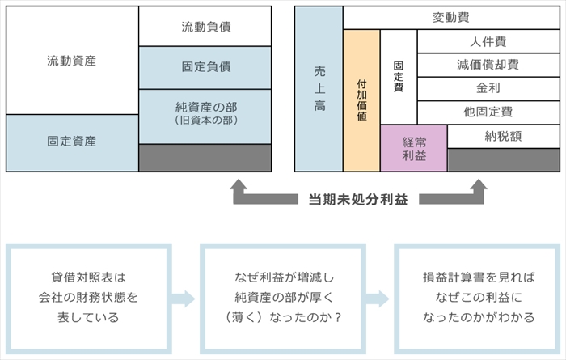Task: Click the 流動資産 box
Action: pyautogui.click(x=72, y=61)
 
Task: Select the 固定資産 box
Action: pyautogui.click(x=72, y=142)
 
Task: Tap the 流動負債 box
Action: pyautogui.click(x=205, y=27)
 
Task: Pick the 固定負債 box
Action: pyautogui.click(x=205, y=67)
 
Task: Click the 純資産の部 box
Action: pyautogui.click(x=205, y=112)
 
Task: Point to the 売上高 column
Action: pyautogui.click(x=319, y=89)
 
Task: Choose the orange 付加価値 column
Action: pyautogui.click(x=361, y=100)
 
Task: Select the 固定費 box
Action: pyautogui.click(x=398, y=77)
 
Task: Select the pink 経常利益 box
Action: pyautogui.click(x=413, y=148)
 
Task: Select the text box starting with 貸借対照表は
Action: pyautogui.click(x=88, y=296)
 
